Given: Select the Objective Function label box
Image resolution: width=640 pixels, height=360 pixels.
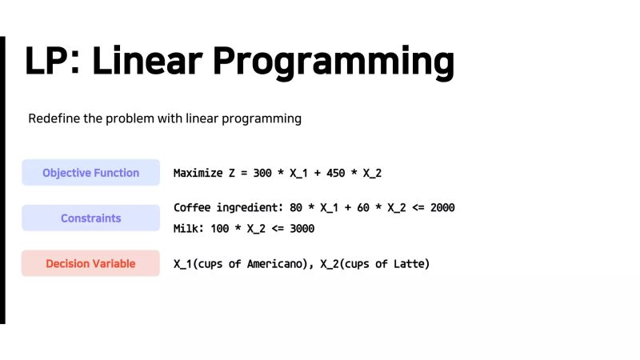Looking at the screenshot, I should pos(90,173).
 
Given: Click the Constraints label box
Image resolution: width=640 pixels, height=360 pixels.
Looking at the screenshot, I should pos(90,218).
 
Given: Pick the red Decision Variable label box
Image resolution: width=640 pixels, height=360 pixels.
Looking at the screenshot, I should pos(90,263).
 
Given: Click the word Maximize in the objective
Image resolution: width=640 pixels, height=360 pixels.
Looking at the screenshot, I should pos(198,173).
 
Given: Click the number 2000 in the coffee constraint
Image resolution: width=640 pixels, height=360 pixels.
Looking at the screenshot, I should pos(441,208).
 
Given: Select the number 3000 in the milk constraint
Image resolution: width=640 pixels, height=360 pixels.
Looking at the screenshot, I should pos(300,229).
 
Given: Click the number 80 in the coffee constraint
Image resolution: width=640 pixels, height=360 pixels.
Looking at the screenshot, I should pos(296,208).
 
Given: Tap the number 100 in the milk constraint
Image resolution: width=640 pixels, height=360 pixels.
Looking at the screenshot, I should pos(220,229).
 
